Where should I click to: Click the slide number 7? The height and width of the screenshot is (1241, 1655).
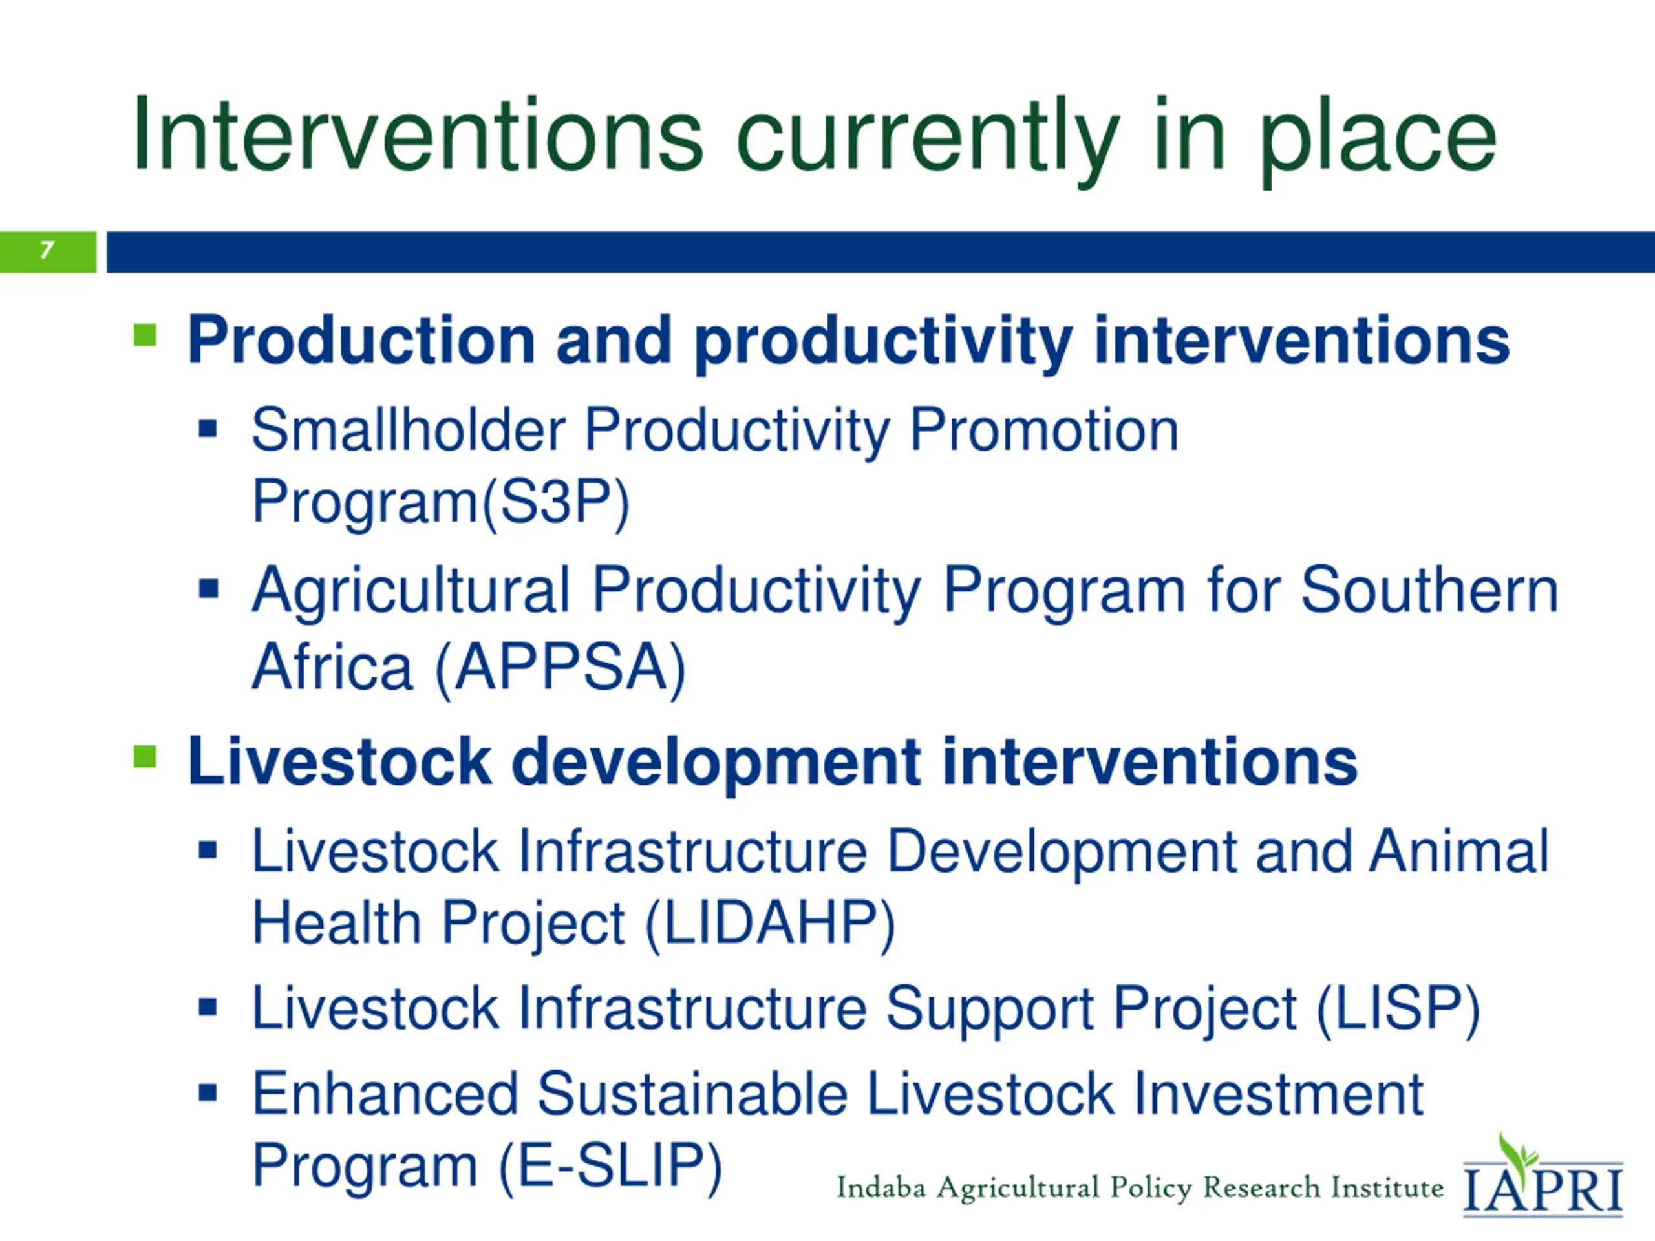(x=47, y=250)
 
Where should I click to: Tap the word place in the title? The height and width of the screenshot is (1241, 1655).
(x=1378, y=142)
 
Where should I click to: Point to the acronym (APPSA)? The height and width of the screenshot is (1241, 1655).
(x=560, y=668)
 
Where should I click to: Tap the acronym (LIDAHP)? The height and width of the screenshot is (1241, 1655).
(x=769, y=923)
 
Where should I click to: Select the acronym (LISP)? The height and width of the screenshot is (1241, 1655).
(x=1398, y=1009)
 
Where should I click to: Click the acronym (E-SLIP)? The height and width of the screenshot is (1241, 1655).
(x=610, y=1165)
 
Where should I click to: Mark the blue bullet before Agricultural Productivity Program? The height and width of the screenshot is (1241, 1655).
(x=208, y=589)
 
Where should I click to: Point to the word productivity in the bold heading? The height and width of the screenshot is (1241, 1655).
(x=884, y=343)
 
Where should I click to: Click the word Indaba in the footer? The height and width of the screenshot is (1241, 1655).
(x=881, y=1187)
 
